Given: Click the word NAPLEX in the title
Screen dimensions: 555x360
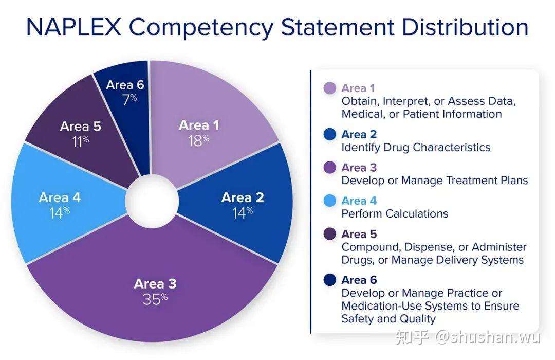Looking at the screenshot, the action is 74,27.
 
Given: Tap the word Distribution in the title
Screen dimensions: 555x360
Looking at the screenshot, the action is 465,27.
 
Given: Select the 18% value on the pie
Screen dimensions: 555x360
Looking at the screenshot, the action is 198,141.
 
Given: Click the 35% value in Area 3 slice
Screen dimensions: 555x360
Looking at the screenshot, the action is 155,299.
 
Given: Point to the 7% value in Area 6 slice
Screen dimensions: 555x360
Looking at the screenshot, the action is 129,100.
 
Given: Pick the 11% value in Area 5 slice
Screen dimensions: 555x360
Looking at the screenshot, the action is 80,142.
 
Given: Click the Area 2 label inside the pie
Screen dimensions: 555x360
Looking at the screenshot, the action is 243,197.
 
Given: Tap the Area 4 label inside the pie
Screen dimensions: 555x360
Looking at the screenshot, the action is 60,197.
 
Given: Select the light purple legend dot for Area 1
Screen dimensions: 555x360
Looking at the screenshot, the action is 330,88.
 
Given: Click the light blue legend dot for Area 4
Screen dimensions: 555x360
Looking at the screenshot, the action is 330,201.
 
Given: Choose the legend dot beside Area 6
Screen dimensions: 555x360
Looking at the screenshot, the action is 330,280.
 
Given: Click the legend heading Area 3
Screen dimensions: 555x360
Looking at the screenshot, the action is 359,168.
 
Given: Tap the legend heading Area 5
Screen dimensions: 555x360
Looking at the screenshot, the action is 359,234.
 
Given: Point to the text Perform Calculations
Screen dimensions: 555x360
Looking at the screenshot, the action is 395,213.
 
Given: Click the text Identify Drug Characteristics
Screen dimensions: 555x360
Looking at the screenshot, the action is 416,148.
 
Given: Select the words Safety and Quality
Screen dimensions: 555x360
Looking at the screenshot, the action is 388,319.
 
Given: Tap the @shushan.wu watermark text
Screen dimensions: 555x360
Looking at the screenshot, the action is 487,337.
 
